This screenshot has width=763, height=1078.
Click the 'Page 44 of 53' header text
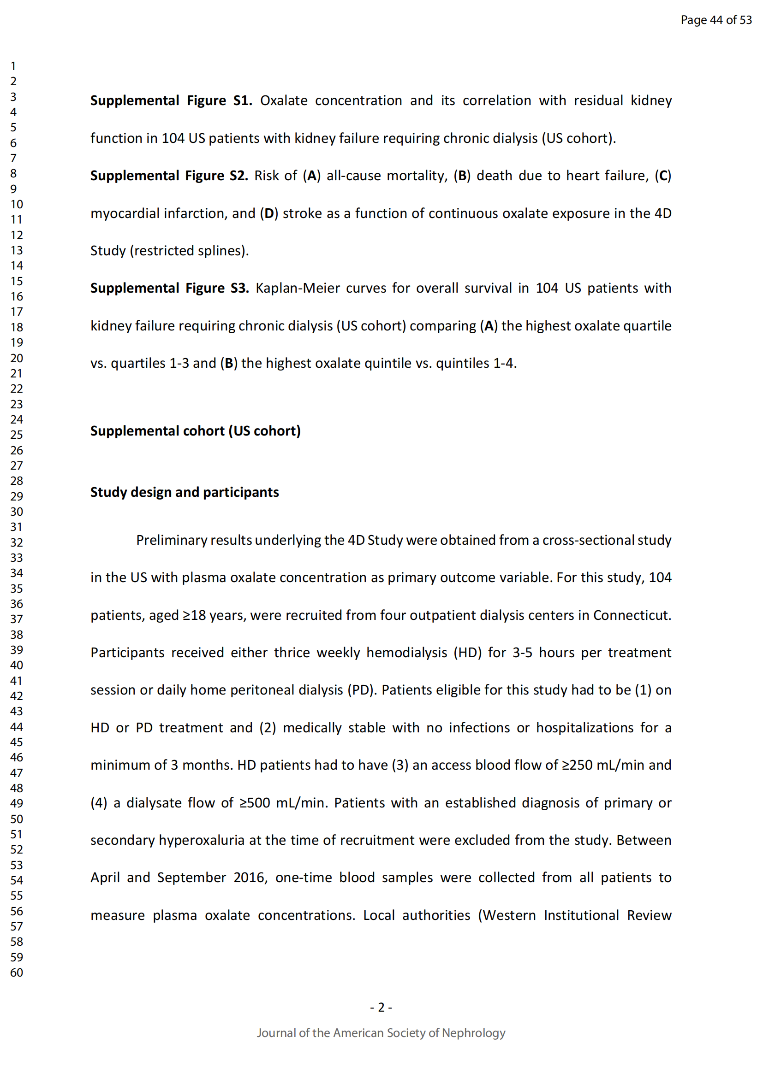(x=715, y=20)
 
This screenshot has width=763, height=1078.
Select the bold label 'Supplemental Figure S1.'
(x=171, y=100)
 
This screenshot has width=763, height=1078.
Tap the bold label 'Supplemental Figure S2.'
(x=169, y=176)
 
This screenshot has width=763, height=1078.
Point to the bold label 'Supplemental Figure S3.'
(x=170, y=288)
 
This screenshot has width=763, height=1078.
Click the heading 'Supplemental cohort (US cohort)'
(x=196, y=430)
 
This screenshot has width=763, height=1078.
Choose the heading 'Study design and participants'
(x=185, y=492)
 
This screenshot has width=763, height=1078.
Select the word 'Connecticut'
(x=632, y=615)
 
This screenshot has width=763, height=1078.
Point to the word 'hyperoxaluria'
(x=202, y=840)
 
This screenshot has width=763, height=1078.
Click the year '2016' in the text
(x=250, y=878)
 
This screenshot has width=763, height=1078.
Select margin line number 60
(x=17, y=972)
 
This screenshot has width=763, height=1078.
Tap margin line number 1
(x=13, y=66)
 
